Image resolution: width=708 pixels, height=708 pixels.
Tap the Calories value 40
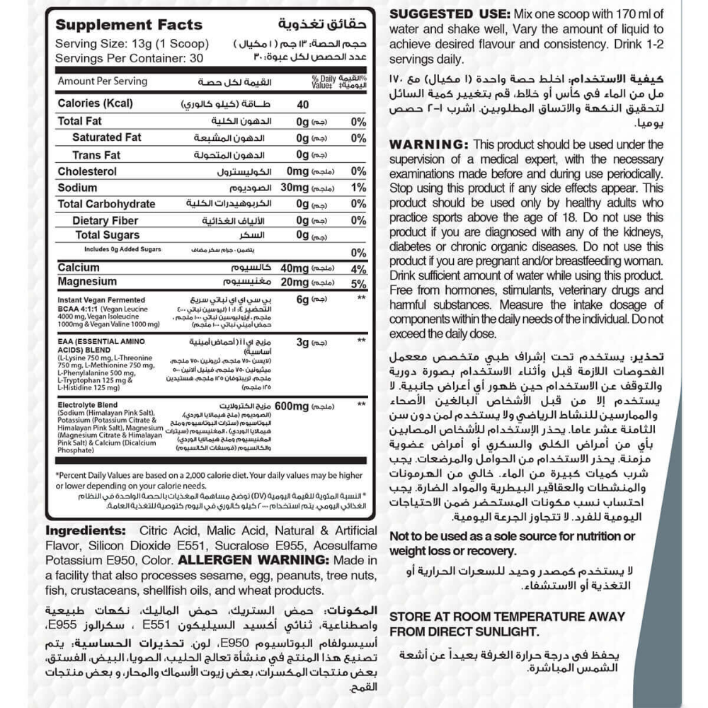tap(303, 104)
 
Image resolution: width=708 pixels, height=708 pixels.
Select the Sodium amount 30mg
tap(295, 188)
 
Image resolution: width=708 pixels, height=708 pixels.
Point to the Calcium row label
tap(79, 268)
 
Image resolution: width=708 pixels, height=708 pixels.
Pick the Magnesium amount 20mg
tap(295, 282)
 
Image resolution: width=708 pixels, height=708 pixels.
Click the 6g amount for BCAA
tap(302, 299)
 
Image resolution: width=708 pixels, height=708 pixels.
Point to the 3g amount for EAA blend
tap(302, 343)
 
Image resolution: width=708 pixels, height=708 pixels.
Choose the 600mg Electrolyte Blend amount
tap(293, 406)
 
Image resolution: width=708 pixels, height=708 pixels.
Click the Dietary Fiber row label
tap(105, 221)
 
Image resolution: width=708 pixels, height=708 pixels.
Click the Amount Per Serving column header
tap(103, 81)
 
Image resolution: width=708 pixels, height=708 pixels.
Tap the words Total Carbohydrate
tap(106, 205)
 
